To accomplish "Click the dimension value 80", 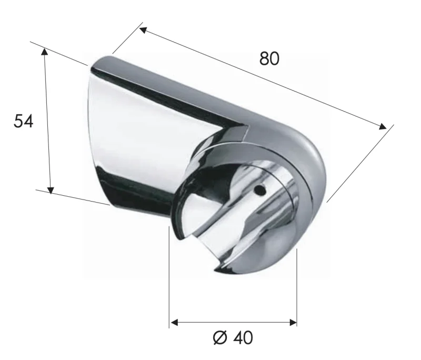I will [x=269, y=59].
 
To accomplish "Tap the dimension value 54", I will [x=23, y=121].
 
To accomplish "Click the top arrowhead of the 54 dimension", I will [x=45, y=51].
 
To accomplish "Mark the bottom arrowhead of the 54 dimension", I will [x=51, y=189].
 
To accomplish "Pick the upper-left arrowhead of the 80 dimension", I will [x=143, y=29].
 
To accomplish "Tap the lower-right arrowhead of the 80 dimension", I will [x=383, y=126].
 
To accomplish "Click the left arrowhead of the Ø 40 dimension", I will [x=173, y=322].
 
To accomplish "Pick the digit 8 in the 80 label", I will [x=264, y=59].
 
